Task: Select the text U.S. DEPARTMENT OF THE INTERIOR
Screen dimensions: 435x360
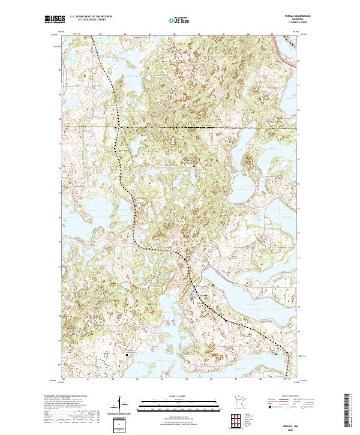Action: pos(91,17)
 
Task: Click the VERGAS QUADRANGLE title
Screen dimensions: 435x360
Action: pos(284,17)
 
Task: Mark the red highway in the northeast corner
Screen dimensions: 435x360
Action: pos(287,52)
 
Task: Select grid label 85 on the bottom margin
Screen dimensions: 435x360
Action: pos(187,379)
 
